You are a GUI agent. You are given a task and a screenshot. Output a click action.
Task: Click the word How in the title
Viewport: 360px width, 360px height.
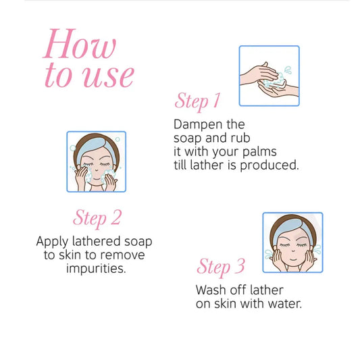coord(80,44)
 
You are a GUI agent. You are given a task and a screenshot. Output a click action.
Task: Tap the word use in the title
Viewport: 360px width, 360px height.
coord(108,76)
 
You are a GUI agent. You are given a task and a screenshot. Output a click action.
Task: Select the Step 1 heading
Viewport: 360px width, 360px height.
coord(197,101)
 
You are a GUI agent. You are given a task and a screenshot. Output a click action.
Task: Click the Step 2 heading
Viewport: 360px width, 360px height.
coord(97,218)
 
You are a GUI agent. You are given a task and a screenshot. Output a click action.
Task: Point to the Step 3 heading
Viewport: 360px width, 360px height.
coord(221,267)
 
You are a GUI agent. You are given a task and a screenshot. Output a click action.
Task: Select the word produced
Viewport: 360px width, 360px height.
coord(269,165)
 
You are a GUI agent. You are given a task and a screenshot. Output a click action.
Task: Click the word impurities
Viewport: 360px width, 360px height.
coord(96,269)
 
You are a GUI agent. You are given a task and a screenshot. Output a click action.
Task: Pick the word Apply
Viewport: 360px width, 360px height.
coord(53,242)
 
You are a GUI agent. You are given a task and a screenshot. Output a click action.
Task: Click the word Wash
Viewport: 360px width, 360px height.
coord(211,290)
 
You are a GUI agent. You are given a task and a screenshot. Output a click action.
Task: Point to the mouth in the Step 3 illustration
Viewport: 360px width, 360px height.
coord(293,259)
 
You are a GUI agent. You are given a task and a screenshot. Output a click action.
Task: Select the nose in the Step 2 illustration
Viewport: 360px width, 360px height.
coord(97,170)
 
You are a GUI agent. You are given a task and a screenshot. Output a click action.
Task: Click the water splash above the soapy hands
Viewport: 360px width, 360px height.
coord(288,70)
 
